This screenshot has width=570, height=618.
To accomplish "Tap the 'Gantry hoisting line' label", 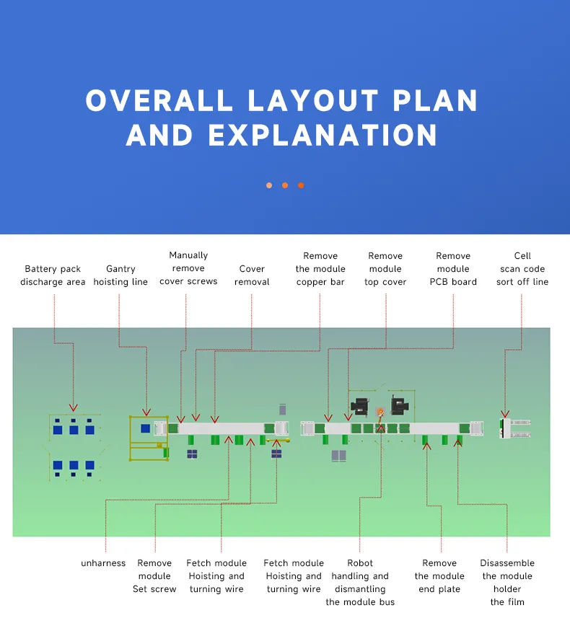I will [120, 275].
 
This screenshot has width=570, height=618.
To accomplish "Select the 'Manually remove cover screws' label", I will [188, 268].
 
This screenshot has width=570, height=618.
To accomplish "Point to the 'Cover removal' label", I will [252, 275].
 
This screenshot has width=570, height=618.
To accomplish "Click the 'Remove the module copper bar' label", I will [320, 269].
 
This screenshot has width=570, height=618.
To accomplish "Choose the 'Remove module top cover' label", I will [385, 269].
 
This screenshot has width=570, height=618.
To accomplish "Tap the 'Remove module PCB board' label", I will [453, 269].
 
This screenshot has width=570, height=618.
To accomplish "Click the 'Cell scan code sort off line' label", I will [522, 269].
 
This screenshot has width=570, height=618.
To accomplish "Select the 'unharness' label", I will [103, 563].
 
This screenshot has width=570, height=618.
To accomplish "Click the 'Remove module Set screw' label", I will [154, 576].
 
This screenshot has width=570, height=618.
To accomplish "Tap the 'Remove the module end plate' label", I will [439, 576].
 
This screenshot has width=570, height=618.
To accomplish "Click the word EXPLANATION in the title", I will [323, 136].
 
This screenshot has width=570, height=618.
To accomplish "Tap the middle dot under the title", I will [285, 185].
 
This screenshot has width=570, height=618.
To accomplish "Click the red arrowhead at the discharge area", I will [72, 408].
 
